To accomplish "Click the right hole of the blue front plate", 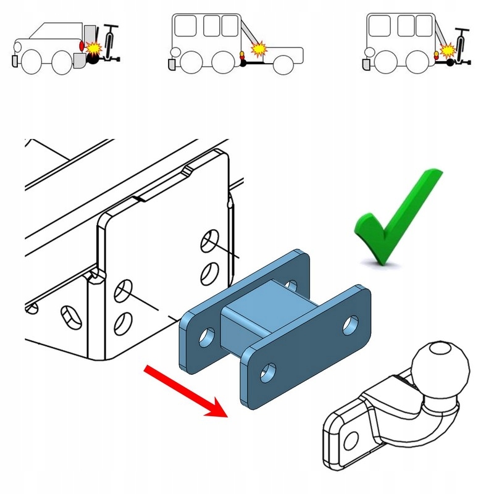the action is [351, 324].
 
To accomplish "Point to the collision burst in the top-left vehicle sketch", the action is [95, 48].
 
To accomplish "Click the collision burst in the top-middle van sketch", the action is [259, 48].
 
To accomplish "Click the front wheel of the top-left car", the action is [30, 62].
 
